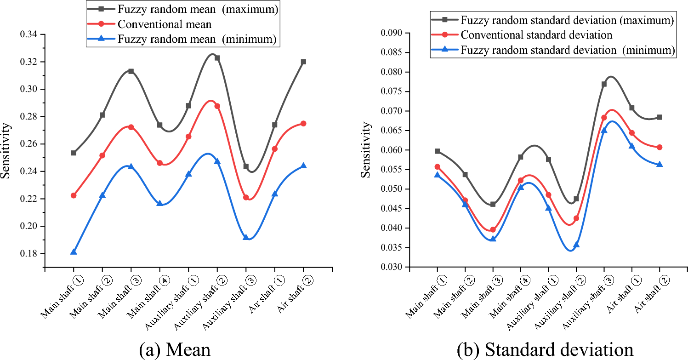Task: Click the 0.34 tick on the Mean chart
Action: (31, 34)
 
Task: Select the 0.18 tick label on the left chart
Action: (31, 254)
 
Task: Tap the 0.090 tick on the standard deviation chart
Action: (390, 33)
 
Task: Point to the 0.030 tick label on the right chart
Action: (390, 267)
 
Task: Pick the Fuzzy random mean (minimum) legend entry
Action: (197, 39)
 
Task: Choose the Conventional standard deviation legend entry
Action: (536, 35)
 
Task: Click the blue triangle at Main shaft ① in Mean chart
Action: (74, 252)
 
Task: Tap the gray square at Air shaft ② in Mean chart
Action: (303, 62)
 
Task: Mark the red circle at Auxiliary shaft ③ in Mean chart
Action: (246, 197)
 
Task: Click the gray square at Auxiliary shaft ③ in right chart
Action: (604, 84)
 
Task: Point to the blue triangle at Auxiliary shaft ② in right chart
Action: (576, 245)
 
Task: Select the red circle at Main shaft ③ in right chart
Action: (493, 229)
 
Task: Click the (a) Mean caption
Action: (175, 350)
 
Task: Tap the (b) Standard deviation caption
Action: (545, 350)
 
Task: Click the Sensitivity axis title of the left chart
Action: (6, 150)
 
